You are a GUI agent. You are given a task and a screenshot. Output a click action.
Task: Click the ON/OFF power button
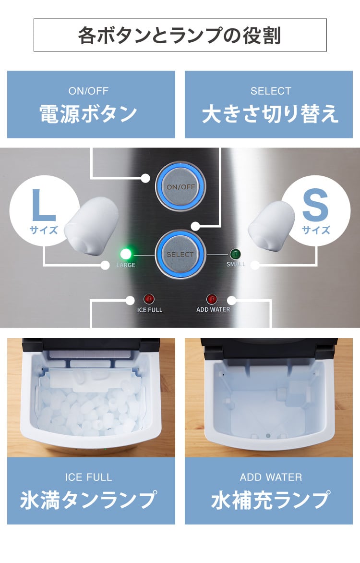click(180, 186)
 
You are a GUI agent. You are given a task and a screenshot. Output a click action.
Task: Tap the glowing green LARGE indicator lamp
click(126, 254)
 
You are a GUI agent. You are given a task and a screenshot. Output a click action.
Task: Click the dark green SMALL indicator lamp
click(235, 254)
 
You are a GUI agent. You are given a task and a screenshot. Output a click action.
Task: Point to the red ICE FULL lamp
click(149, 299)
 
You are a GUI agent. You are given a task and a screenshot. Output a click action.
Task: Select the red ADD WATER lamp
click(212, 299)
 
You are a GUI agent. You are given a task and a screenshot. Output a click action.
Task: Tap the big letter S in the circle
click(315, 206)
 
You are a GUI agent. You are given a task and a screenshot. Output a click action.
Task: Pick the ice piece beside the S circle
click(272, 223)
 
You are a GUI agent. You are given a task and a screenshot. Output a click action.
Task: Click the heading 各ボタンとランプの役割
click(180, 36)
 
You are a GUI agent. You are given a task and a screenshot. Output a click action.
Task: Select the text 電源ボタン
click(88, 115)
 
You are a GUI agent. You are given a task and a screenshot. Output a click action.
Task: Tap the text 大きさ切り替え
click(271, 115)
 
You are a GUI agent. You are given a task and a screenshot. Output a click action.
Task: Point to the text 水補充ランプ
click(271, 500)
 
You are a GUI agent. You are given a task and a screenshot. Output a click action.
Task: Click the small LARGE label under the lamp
click(125, 265)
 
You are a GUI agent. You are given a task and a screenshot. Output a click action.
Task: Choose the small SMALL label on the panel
click(236, 264)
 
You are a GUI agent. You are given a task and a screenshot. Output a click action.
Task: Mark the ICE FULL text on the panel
click(150, 310)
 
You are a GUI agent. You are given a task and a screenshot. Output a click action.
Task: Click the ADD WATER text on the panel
click(213, 310)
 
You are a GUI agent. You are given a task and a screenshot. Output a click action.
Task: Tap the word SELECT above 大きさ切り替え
click(271, 91)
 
